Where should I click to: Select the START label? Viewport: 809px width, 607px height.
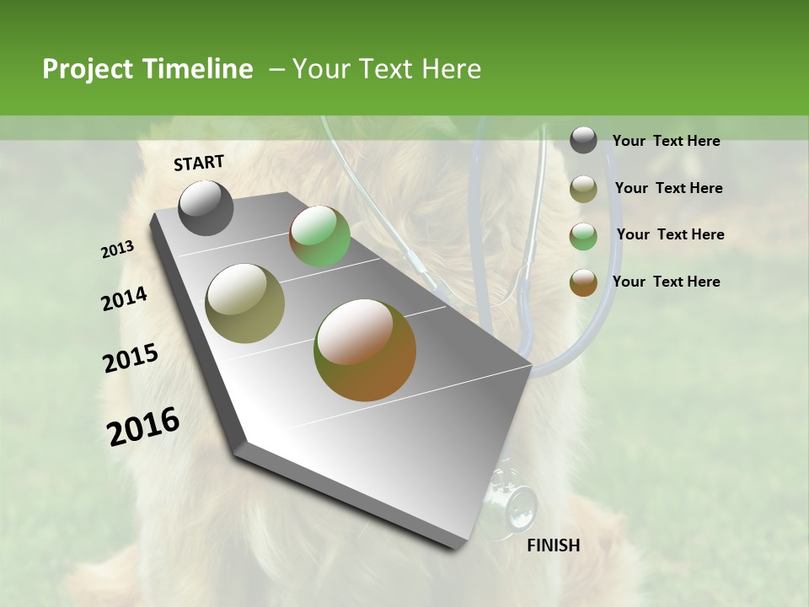click(x=199, y=163)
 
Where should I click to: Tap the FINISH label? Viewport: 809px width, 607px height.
click(x=553, y=545)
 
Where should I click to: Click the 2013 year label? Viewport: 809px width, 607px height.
click(x=117, y=250)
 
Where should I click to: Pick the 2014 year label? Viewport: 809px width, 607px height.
click(x=124, y=299)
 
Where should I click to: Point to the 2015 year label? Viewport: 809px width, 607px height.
click(x=131, y=358)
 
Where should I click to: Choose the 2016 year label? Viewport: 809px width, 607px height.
click(x=143, y=427)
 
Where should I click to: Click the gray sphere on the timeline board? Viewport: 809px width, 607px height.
click(x=206, y=207)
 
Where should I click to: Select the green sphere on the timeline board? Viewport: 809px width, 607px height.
click(x=319, y=236)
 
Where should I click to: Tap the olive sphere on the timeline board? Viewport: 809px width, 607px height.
click(x=245, y=303)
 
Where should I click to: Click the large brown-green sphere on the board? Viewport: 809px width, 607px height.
click(x=365, y=350)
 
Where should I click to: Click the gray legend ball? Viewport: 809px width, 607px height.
click(x=583, y=140)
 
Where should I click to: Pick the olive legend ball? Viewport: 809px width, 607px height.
click(x=583, y=189)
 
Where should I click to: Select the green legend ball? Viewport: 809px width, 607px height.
click(x=583, y=236)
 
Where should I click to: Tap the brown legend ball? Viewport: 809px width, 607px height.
click(x=583, y=282)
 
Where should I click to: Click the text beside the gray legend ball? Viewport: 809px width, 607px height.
click(x=666, y=141)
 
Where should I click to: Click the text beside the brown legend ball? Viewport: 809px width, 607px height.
click(x=666, y=282)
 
